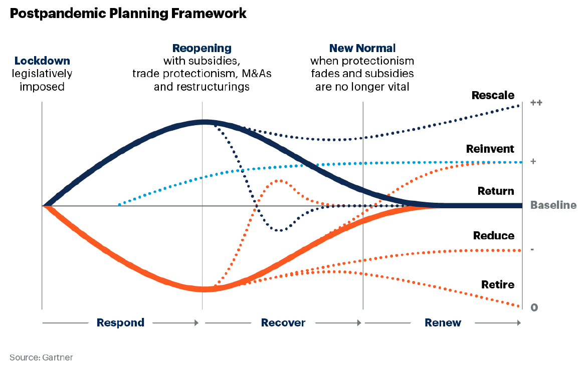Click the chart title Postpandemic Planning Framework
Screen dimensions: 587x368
pyautogui.click(x=128, y=14)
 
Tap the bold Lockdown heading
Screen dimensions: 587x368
pyautogui.click(x=42, y=61)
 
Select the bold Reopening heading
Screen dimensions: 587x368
pyautogui.click(x=202, y=48)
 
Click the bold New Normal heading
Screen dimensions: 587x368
pyautogui.click(x=362, y=48)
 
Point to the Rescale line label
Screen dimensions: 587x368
pyautogui.click(x=493, y=95)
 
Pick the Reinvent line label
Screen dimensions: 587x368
pyautogui.click(x=490, y=149)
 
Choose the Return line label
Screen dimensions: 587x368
pyautogui.click(x=496, y=191)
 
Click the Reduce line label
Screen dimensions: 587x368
pyautogui.click(x=493, y=236)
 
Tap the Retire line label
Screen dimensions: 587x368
pyautogui.click(x=498, y=284)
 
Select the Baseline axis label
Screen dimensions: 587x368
pyautogui.click(x=553, y=205)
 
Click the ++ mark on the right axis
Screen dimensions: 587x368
pyautogui.click(x=536, y=103)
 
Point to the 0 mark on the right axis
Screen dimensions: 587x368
pyautogui.click(x=534, y=307)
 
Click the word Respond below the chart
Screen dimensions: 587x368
pyautogui.click(x=120, y=322)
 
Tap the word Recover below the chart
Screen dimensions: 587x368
pyautogui.click(x=283, y=322)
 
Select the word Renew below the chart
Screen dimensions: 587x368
pyautogui.click(x=443, y=322)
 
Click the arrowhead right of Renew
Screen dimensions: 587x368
pyautogui.click(x=519, y=322)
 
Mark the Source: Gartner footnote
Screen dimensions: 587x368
pyautogui.click(x=41, y=357)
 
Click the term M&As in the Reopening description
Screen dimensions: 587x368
pyautogui.click(x=257, y=73)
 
